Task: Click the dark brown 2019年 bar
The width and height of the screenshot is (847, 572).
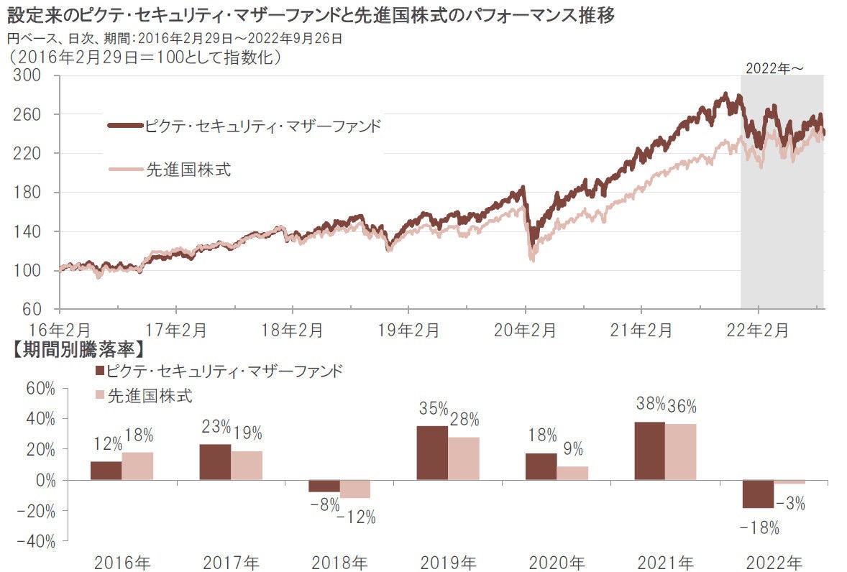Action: coord(432,453)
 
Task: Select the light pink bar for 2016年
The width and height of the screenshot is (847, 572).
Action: coord(137,466)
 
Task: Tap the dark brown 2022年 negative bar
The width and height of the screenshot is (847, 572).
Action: coord(758,494)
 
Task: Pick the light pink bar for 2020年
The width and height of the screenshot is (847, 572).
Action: coord(572,473)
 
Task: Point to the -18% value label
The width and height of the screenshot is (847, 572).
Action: coord(759,528)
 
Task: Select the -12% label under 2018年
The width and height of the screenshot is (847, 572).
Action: coord(357,517)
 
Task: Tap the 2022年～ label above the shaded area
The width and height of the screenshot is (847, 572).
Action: coord(774,68)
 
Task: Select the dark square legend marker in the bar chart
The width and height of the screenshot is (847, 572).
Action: coord(99,371)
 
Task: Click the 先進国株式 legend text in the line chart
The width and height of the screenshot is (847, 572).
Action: coord(188,170)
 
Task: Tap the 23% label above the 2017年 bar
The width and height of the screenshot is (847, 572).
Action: coord(215,427)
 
